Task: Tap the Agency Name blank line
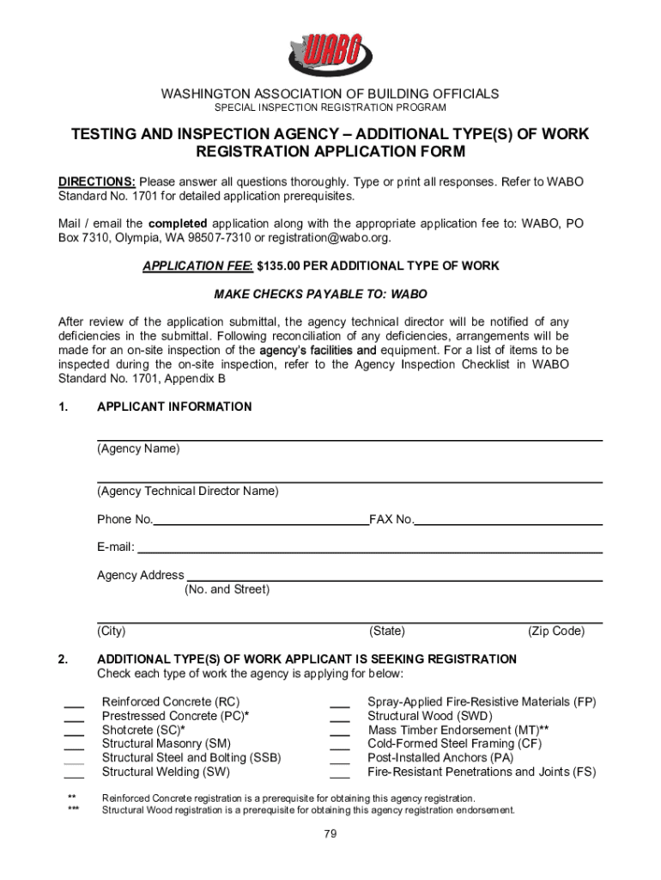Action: tap(349, 437)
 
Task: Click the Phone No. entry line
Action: tap(260, 520)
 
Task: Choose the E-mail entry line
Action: tap(369, 548)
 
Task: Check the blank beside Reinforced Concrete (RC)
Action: tap(74, 705)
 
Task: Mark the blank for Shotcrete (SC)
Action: tap(74, 732)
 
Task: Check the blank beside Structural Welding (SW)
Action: tap(74, 773)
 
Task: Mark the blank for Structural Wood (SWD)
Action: tap(340, 718)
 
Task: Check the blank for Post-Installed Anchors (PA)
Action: tap(340, 760)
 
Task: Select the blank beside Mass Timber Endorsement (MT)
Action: tap(340, 732)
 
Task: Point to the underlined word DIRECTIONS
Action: tap(96, 182)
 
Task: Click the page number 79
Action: tap(330, 834)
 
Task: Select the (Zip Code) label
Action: tap(556, 632)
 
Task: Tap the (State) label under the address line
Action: tap(387, 632)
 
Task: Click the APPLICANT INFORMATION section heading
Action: tap(174, 406)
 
